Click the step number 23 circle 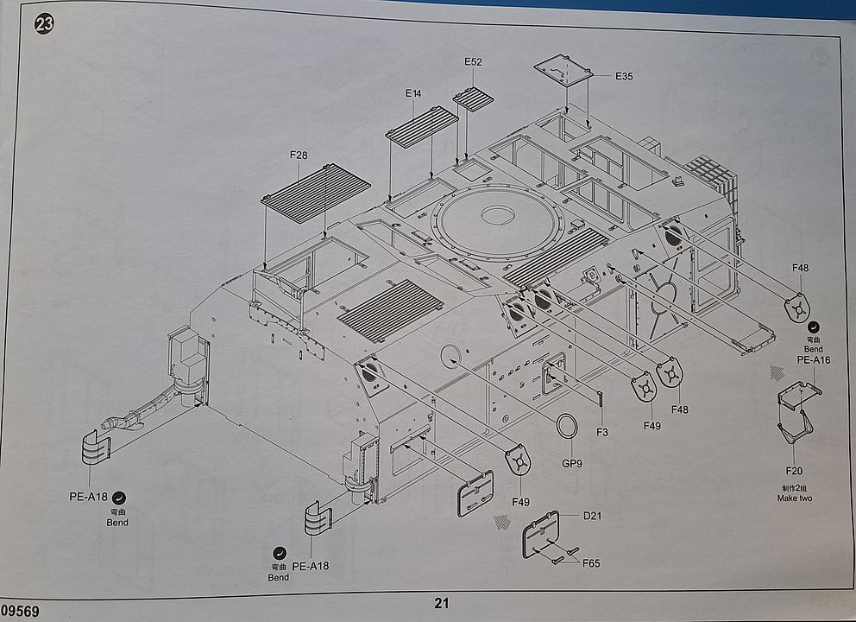43,23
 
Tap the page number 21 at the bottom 442,604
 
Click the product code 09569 20,611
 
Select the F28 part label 299,155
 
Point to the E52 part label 473,62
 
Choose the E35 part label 624,76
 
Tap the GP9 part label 572,463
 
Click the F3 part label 601,431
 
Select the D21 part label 591,516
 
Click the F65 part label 591,563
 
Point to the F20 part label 794,471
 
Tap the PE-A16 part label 813,360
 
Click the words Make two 794,498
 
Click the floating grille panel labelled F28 316,194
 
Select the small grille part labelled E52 473,98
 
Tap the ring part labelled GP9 566,426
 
